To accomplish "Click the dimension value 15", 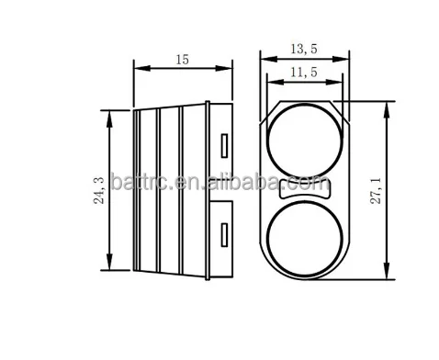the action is (x=183, y=60).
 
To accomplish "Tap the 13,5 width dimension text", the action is (x=304, y=49).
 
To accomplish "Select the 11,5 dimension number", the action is (x=304, y=73).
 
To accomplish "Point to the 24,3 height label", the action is (x=99, y=190).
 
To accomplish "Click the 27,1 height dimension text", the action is (x=377, y=191).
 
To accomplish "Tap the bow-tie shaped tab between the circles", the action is (x=304, y=189).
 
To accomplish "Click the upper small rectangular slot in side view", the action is (x=224, y=146).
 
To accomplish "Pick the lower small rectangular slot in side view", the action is (x=224, y=235).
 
